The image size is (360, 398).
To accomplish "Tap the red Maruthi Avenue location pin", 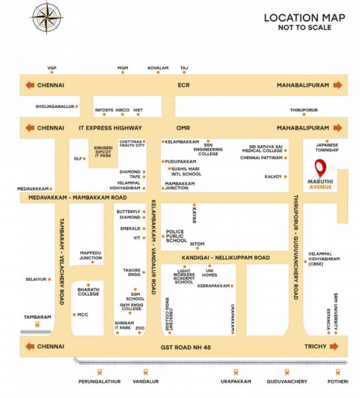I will point(320,167).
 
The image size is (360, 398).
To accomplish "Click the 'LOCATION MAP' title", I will point(304,18).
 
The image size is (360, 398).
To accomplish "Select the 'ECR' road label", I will point(184,85).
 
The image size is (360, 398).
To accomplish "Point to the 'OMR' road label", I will point(183,127).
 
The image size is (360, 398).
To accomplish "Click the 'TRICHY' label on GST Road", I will point(316,346).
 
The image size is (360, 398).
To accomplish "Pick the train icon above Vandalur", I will point(144,371).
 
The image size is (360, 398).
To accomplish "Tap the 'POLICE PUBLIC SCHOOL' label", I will point(176,235).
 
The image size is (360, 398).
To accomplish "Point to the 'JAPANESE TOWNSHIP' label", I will point(326,147).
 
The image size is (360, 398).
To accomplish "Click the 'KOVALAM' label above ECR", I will point(158,68).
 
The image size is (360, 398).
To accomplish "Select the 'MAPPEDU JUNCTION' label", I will point(91,255).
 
